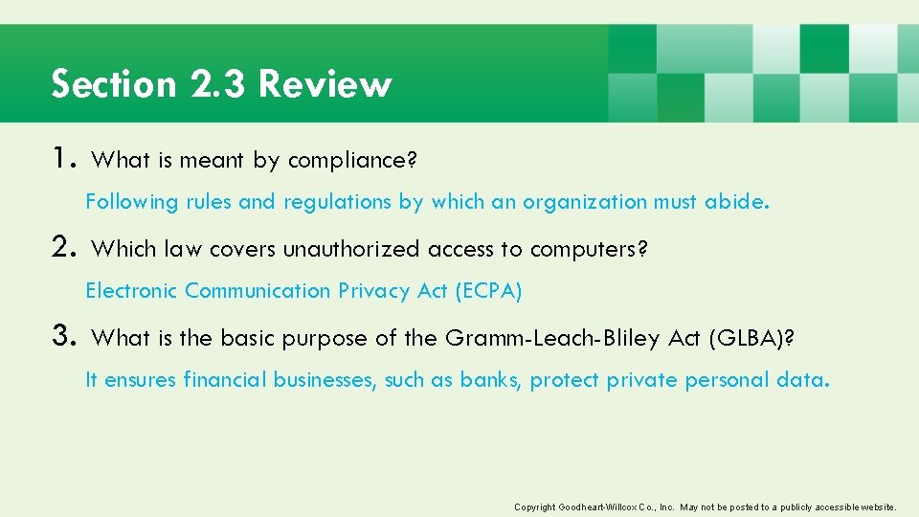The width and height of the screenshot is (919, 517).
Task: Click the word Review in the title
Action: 325,84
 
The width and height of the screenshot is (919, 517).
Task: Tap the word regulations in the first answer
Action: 336,202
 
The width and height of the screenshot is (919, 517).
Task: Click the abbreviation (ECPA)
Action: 487,291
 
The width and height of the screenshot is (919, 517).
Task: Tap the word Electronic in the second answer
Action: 131,291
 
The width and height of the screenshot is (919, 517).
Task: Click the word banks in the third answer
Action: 489,380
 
